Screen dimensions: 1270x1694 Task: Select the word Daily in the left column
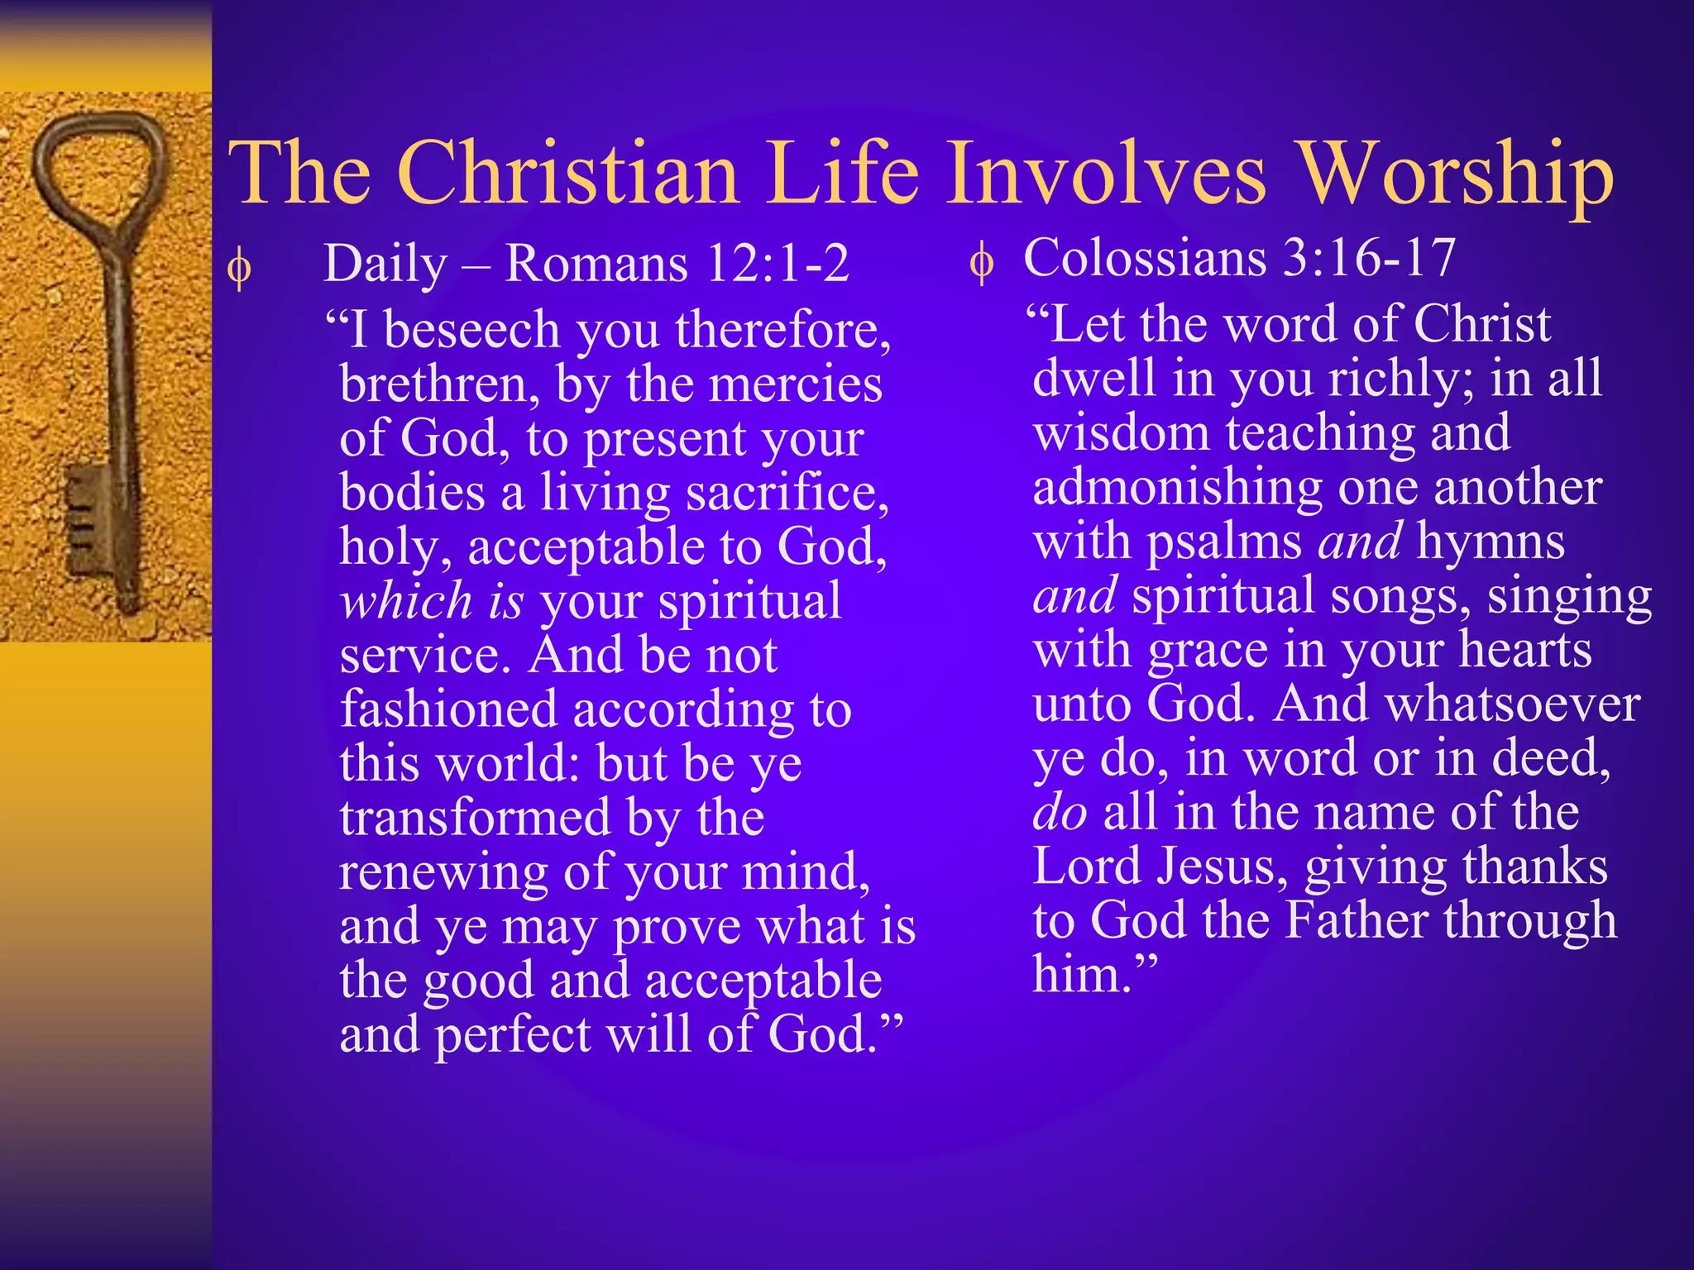click(385, 265)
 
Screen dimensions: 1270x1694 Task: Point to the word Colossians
click(1145, 257)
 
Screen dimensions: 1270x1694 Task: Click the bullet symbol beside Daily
click(240, 269)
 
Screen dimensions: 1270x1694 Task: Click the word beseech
click(472, 330)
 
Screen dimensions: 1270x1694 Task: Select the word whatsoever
click(1513, 704)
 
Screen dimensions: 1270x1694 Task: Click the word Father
click(1357, 920)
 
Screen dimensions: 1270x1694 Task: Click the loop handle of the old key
click(98, 165)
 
